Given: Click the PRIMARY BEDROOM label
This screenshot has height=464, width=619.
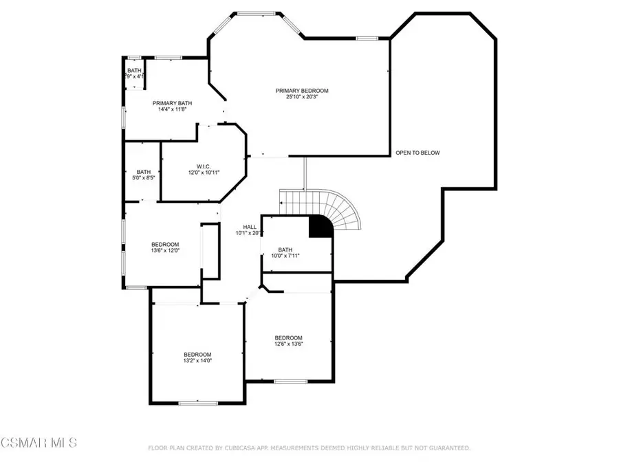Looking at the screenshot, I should coord(302,91).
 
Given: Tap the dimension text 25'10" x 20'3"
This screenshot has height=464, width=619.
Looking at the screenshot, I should coord(302,97).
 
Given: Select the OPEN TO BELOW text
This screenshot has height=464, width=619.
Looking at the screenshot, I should coord(417,153).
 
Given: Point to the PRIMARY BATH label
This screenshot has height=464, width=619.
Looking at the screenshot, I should coord(171,102).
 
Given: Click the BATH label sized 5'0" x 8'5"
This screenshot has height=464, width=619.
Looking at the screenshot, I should coord(143,172).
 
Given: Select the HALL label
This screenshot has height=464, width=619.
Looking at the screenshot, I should coord(250,227).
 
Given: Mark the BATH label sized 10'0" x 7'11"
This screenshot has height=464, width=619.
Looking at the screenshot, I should coord(285,250).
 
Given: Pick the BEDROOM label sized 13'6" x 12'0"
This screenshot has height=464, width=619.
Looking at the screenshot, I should coord(165,244).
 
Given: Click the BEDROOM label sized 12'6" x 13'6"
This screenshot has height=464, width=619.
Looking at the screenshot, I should coord(288,338).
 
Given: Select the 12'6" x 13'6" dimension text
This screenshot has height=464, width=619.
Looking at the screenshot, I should coord(288,344).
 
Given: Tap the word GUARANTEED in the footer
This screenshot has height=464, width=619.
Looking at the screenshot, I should coord(448,448).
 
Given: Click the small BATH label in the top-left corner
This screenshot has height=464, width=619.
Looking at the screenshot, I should coord(134,70).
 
